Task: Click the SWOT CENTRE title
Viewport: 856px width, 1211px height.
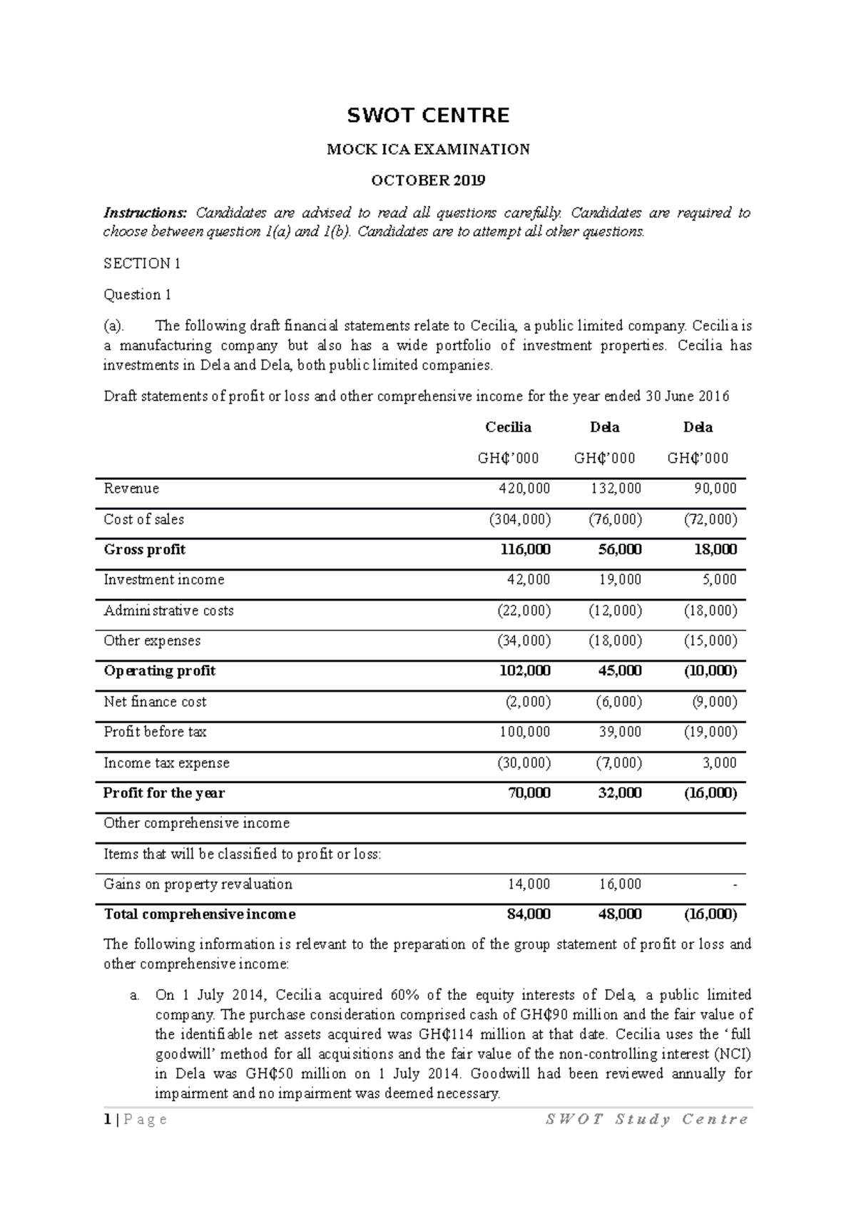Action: click(428, 116)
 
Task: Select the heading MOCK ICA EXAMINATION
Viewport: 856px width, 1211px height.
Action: click(428, 150)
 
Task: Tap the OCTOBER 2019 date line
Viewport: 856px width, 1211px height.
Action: click(428, 180)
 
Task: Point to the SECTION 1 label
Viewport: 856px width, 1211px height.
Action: click(142, 264)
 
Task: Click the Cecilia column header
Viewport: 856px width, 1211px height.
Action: click(508, 427)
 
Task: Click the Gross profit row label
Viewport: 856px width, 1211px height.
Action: click(145, 550)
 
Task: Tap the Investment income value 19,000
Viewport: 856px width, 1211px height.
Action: click(620, 580)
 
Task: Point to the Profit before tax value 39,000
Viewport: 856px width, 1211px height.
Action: click(620, 732)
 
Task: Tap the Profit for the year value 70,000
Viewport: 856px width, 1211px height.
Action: click(529, 793)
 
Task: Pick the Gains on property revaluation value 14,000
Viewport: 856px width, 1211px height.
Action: click(529, 884)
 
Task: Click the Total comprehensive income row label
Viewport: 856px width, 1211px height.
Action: click(200, 914)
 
